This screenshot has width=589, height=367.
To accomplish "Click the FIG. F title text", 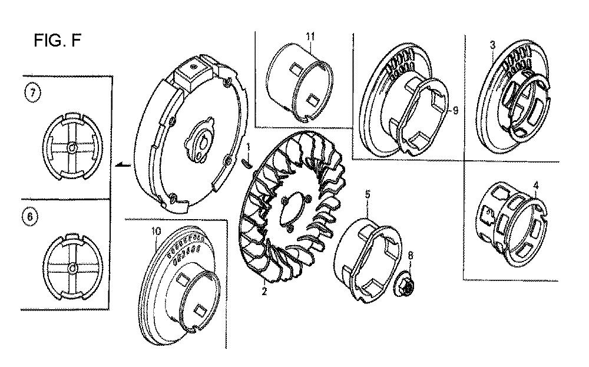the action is point(58,40).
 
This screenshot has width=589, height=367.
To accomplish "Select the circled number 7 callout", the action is point(32,93).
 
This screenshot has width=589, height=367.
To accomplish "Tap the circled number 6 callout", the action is point(31,217).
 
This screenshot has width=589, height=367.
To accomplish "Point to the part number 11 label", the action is point(310,37).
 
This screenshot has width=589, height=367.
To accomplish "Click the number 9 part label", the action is point(455,110).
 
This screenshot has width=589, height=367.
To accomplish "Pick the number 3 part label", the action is point(492,45).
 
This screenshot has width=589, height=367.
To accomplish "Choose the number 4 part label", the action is point(536,186).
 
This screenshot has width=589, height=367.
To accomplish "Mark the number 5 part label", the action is point(368,194).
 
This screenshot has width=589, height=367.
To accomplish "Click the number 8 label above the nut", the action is point(410,256).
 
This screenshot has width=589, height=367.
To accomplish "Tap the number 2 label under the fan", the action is point(264,291).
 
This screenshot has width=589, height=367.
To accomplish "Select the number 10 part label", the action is point(156,231).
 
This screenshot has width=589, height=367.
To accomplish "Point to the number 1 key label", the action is point(248,147).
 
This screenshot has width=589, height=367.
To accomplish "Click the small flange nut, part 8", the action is point(404,286).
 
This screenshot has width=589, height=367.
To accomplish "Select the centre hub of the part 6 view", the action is point(72,268).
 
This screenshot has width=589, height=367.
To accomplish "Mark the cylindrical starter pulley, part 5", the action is point(368,259).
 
